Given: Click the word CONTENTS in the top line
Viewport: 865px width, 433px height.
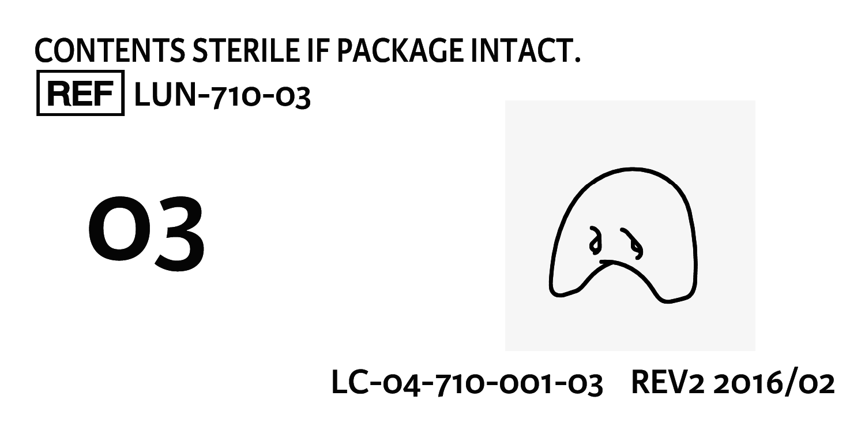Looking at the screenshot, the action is point(110,51).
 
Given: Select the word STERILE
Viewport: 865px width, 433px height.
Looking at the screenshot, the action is point(246,51).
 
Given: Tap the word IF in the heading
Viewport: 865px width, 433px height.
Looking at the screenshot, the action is point(318,51).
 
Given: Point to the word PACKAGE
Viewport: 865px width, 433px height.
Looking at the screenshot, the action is point(400,51).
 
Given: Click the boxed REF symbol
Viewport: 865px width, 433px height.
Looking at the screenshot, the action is point(80,93).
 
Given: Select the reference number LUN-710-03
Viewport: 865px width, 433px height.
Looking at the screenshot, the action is point(223,95).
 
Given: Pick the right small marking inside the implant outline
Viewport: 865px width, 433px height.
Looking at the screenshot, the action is point(632,244).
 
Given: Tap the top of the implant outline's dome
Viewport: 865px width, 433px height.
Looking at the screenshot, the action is point(632,169).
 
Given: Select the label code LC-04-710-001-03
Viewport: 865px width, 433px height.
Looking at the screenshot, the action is point(467,383).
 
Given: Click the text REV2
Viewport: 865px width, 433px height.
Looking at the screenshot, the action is point(668,383).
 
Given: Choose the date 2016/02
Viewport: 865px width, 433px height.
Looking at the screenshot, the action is point(774,383).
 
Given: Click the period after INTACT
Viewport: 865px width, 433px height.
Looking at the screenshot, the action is point(577,59).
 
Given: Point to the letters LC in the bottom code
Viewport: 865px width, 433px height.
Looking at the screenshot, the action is point(350,382).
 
